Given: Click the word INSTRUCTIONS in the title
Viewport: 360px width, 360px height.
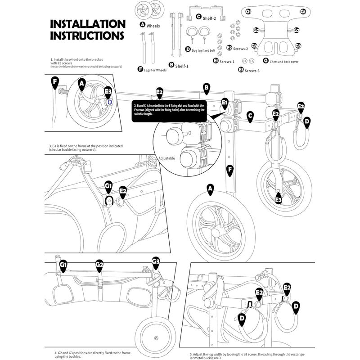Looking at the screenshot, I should coord(87,35).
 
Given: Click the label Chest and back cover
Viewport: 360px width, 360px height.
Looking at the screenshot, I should coord(283,61).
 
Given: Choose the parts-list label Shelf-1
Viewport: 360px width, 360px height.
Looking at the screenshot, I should coord(181,66).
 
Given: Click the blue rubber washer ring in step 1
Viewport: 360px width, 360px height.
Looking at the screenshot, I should coord(110,103).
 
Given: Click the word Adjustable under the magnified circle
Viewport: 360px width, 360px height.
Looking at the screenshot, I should coord(166,158).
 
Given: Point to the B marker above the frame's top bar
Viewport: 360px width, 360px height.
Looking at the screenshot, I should coord(206,87).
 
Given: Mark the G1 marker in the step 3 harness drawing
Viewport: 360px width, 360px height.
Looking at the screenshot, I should coord(108,185).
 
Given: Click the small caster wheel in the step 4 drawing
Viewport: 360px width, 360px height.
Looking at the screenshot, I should coord(155,337).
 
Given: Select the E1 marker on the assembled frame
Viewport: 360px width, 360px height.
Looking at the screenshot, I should coord(225,103).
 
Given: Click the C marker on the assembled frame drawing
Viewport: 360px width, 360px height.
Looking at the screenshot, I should coord(250,116).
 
